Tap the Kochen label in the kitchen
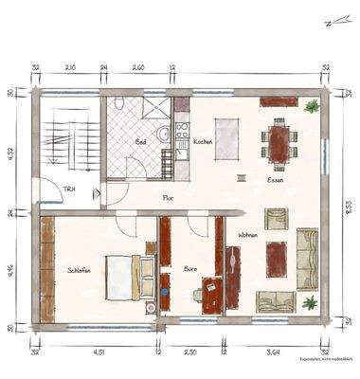tap(203, 141)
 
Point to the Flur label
tap(168, 198)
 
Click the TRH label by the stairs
tap(69, 189)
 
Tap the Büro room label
tap(189, 269)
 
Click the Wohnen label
tap(248, 234)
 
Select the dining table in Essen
tap(279, 143)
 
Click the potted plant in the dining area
tap(310, 107)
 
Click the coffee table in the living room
tap(277, 257)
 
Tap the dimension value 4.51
tap(98, 352)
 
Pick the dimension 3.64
tap(275, 352)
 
